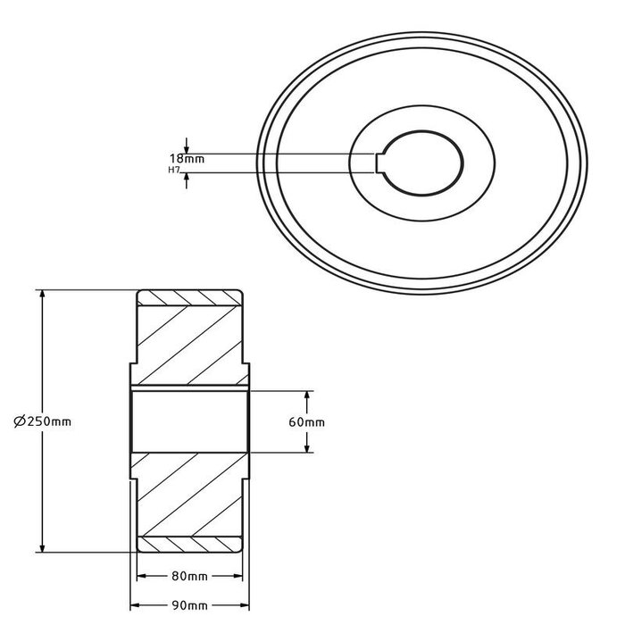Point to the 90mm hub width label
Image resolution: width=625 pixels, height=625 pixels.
187,608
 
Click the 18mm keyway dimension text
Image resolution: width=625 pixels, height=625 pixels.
187,158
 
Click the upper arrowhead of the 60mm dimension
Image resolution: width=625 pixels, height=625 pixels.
308,395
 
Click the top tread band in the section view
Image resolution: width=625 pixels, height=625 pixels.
188,296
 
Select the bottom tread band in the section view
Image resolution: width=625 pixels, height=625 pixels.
188,545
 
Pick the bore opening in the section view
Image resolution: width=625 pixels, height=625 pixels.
188,421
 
